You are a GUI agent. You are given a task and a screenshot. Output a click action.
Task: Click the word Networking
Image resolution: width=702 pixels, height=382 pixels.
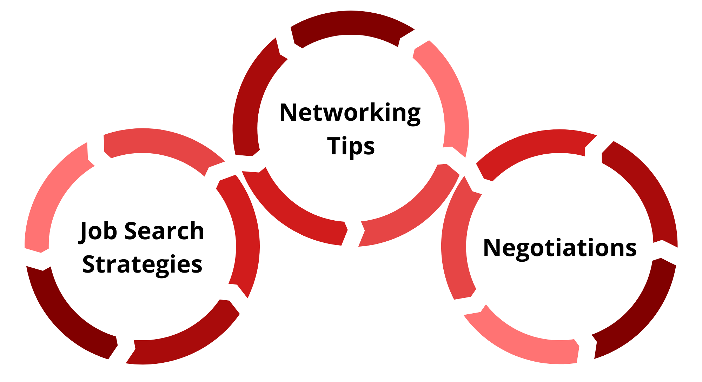click(350, 113)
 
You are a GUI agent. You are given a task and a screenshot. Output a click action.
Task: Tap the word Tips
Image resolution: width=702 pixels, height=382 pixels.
click(351, 146)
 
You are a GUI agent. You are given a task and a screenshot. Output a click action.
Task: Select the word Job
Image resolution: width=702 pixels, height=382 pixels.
click(97, 232)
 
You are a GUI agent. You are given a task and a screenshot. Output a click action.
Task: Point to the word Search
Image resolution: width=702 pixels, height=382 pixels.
click(164, 231)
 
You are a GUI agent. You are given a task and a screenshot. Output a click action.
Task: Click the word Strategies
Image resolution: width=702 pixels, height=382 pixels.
click(142, 265)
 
